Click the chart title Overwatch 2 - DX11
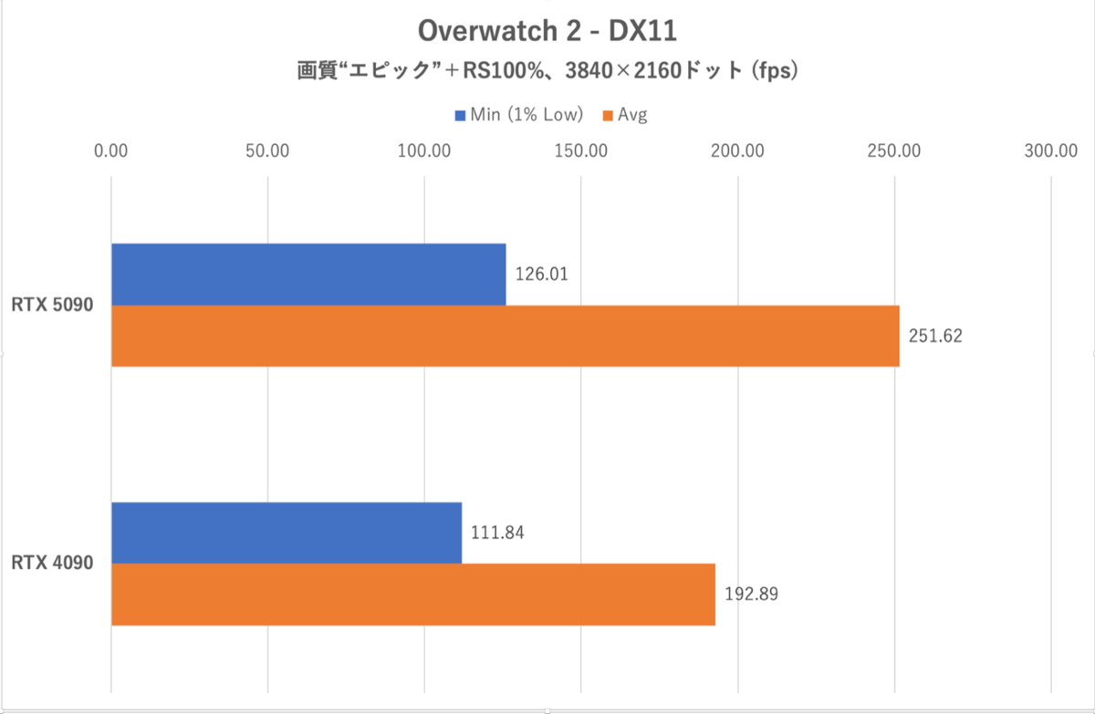pyautogui.click(x=547, y=30)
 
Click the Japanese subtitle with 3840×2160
pyautogui.click(x=547, y=71)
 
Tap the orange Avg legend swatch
pyautogui.click(x=608, y=115)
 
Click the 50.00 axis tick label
pyautogui.click(x=267, y=150)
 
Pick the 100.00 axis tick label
pyautogui.click(x=424, y=150)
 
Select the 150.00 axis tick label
pyautogui.click(x=581, y=150)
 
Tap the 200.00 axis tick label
pyautogui.click(x=738, y=150)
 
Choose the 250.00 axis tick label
pyautogui.click(x=894, y=150)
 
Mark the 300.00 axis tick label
pyautogui.click(x=1051, y=150)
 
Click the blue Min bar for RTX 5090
pyautogui.click(x=308, y=274)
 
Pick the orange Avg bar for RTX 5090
pyautogui.click(x=505, y=336)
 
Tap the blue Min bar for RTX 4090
pyautogui.click(x=287, y=533)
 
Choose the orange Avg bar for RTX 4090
pyautogui.click(x=412, y=595)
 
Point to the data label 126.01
pyautogui.click(x=542, y=274)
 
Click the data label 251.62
pyautogui.click(x=935, y=336)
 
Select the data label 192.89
pyautogui.click(x=751, y=595)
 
